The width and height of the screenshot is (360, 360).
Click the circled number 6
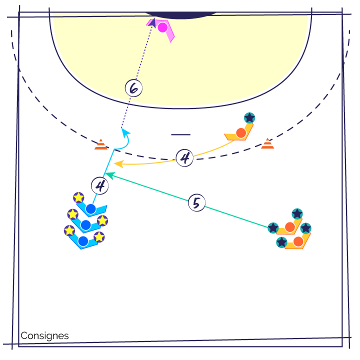tap(133, 88)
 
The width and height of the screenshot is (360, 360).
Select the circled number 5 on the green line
tap(196, 202)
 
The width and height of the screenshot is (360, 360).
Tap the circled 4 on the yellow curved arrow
tap(184, 157)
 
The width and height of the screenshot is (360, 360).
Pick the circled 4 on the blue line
tap(100, 185)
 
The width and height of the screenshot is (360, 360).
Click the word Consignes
tap(44, 335)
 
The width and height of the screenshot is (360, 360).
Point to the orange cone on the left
tap(101, 144)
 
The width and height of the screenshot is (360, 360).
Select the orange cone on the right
tap(267, 143)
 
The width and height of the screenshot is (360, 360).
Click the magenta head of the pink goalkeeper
tap(162, 27)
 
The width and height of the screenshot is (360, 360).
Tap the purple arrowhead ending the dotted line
tap(152, 22)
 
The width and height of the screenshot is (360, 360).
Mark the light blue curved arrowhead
tap(125, 132)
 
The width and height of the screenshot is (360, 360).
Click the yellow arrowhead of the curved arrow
tap(118, 164)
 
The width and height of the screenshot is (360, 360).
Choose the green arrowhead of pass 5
tap(109, 175)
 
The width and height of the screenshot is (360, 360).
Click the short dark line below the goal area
tap(180, 134)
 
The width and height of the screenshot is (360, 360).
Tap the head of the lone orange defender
tap(241, 133)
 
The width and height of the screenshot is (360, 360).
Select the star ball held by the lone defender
tap(249, 118)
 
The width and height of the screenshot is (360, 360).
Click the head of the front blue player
tap(90, 209)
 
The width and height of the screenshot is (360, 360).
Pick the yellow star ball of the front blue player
tap(78, 197)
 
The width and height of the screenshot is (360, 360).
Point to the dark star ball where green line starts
tap(273, 228)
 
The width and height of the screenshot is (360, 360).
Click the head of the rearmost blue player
tap(83, 241)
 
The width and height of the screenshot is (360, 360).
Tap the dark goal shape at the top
tap(181, 15)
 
